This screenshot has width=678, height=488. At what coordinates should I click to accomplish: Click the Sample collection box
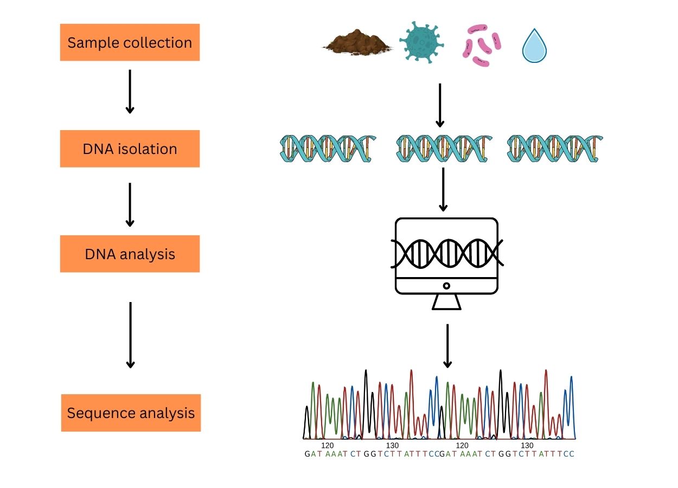pyautogui.click(x=130, y=42)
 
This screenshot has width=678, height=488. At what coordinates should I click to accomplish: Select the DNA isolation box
pyautogui.click(x=130, y=149)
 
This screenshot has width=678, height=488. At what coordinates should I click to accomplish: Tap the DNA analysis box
pyautogui.click(x=130, y=254)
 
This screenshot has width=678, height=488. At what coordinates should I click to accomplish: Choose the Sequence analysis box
pyautogui.click(x=131, y=413)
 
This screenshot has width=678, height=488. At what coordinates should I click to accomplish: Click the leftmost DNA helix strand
pyautogui.click(x=328, y=149)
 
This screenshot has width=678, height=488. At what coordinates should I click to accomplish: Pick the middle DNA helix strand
pyautogui.click(x=444, y=149)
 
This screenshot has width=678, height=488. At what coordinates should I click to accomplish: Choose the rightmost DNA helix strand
pyautogui.click(x=555, y=149)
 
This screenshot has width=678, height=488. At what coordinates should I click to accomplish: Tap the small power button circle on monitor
pyautogui.click(x=446, y=286)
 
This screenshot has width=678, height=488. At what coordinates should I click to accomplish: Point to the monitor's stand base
pyautogui.click(x=446, y=303)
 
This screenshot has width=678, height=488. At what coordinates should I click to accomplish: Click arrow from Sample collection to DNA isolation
pyautogui.click(x=130, y=91)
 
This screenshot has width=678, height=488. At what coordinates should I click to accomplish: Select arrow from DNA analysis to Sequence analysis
pyautogui.click(x=130, y=335)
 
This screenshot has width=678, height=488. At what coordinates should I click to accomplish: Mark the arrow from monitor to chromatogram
pyautogui.click(x=447, y=345)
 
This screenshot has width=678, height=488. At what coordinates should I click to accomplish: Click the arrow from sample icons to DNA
pyautogui.click(x=440, y=105)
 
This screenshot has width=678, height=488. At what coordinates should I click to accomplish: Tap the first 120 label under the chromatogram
pyautogui.click(x=327, y=445)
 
